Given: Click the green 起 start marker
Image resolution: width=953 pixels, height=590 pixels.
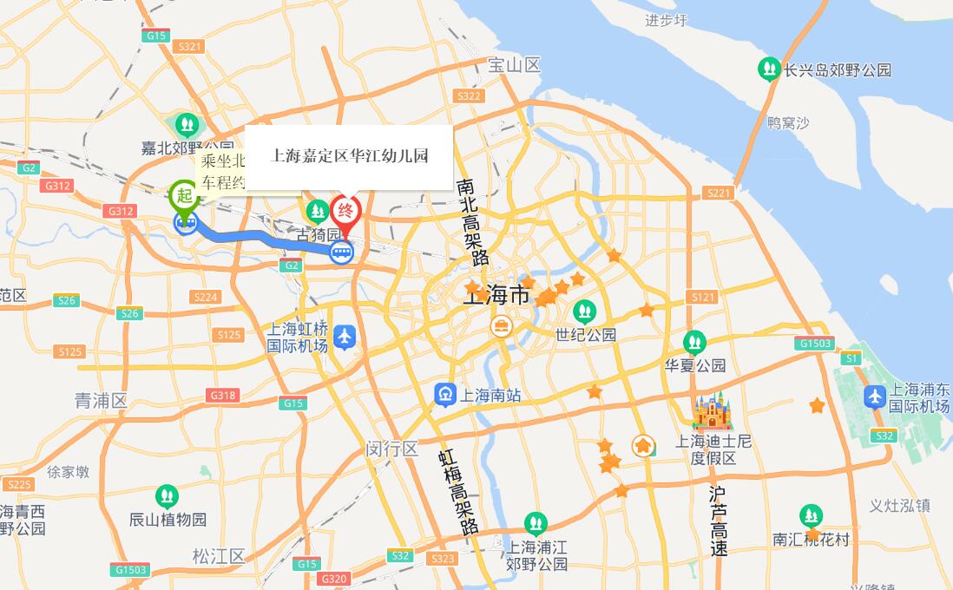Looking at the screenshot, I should (x=184, y=194).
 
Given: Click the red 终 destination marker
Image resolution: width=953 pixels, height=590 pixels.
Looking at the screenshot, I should (x=345, y=211).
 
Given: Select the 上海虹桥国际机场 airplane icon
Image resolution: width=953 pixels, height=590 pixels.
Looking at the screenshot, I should (x=345, y=337).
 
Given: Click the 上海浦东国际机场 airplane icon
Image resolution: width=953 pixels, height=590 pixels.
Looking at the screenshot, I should (x=875, y=397).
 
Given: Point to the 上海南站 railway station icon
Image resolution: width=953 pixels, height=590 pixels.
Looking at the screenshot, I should (x=445, y=395).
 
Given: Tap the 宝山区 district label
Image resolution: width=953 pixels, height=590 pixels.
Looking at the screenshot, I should (x=514, y=65).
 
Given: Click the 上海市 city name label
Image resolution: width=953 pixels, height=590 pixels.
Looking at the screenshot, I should (x=496, y=296).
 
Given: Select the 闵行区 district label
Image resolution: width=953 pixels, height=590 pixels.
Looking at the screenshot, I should (x=391, y=449).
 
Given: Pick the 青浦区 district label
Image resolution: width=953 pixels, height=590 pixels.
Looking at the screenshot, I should (x=101, y=401).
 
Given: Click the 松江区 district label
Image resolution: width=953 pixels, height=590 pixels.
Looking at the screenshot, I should (x=219, y=556).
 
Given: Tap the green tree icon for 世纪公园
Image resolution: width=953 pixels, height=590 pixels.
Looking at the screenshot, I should (x=585, y=311).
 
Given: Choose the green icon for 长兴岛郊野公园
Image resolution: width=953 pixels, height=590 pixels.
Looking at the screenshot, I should (x=768, y=69).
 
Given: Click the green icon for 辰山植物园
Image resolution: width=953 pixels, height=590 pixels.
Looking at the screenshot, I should (x=167, y=497).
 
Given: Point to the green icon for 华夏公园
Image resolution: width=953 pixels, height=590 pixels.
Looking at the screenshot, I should (x=694, y=343).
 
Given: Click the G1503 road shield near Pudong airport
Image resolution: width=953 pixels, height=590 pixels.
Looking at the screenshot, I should (x=816, y=344).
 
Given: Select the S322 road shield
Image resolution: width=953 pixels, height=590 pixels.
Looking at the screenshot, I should (x=469, y=96).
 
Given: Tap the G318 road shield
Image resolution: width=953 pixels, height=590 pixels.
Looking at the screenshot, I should (x=222, y=396).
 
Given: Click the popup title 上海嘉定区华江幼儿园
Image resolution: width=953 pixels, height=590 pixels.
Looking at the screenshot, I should (x=350, y=156).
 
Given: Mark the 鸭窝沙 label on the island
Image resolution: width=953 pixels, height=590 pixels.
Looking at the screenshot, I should (x=788, y=123).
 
